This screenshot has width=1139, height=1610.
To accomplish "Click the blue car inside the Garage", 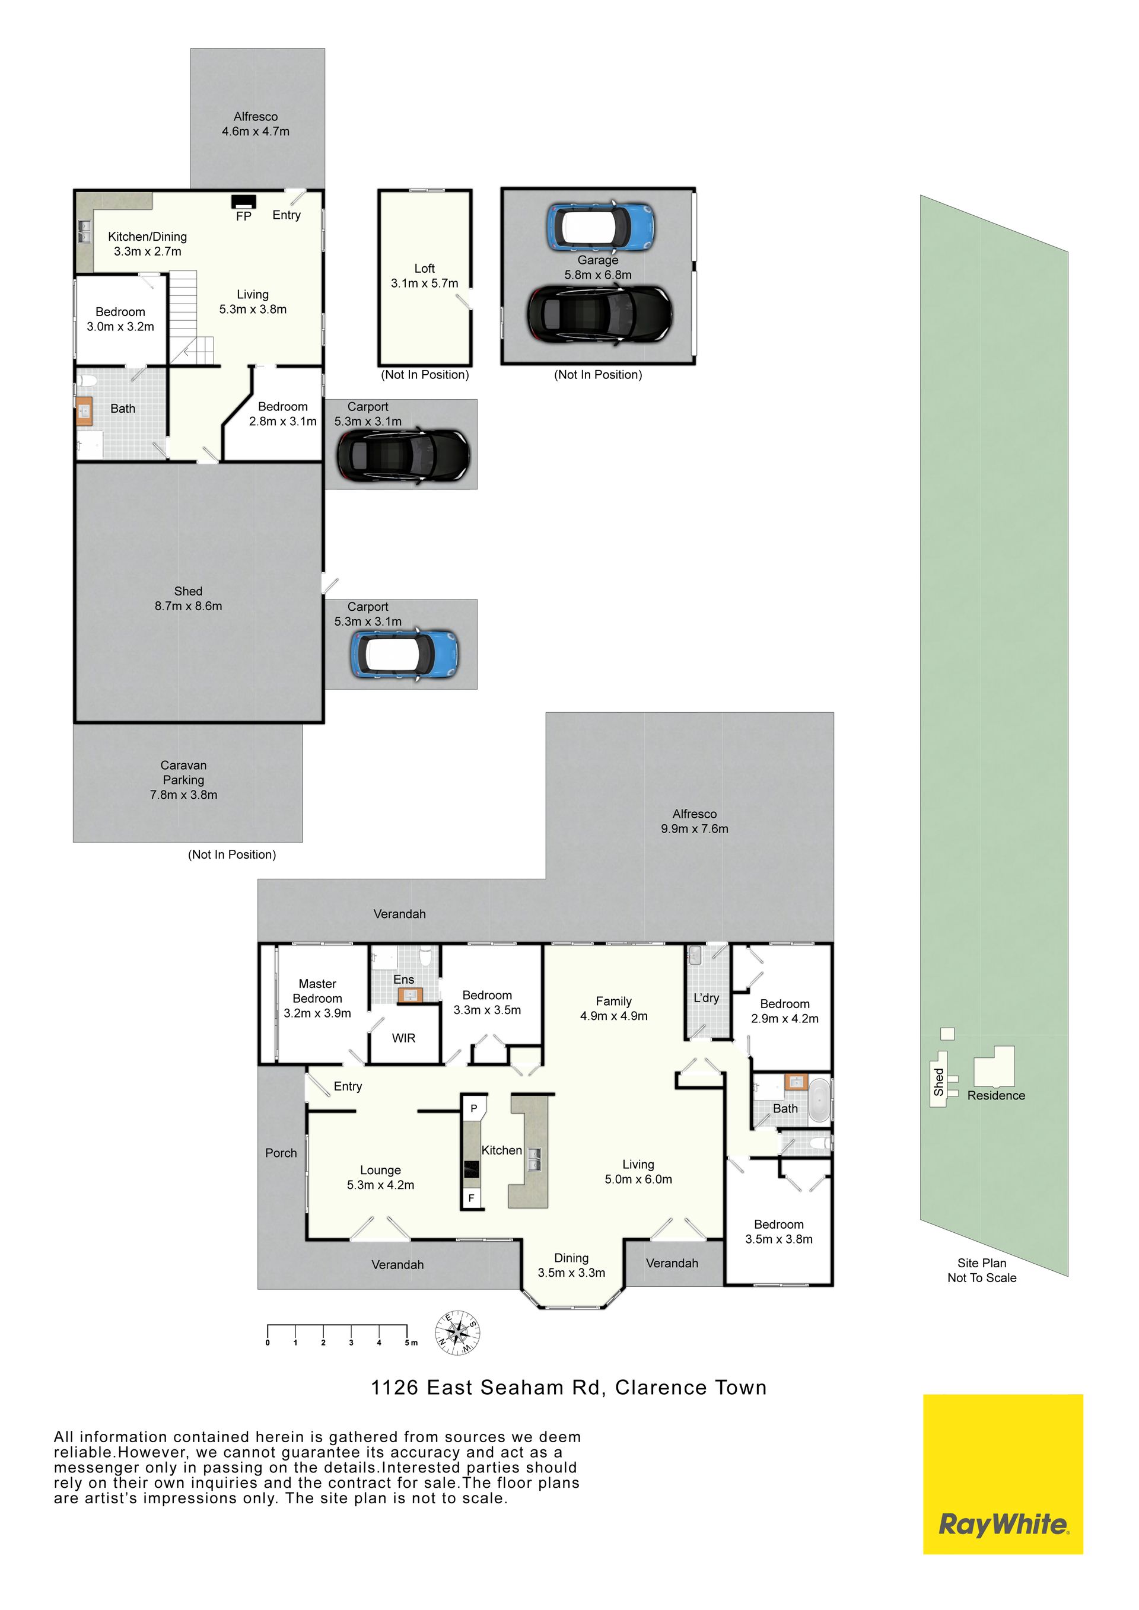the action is tap(600, 227).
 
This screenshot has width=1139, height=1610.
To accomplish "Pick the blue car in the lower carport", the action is tap(405, 654).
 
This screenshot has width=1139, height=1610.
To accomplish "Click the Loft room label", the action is tap(424, 276).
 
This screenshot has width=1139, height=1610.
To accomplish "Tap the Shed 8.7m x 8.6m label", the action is tap(188, 599).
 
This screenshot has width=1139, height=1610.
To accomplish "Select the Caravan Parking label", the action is tap(184, 780).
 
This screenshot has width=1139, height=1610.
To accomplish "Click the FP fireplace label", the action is tap(243, 216).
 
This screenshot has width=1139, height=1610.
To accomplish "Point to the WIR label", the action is tap(404, 1038).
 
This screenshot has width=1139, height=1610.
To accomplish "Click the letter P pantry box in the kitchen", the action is tap(474, 1109).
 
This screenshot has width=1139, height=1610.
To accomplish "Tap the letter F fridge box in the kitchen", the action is tap(471, 1198).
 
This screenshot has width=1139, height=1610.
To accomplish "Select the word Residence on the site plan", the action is tap(996, 1095).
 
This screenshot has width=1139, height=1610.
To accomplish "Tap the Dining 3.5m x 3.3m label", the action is tap(572, 1265).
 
